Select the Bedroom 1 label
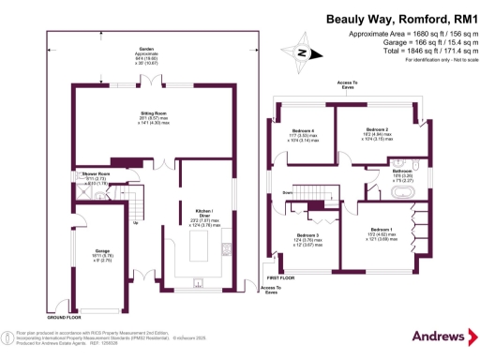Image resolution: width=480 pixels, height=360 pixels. (x=381, y=230)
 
